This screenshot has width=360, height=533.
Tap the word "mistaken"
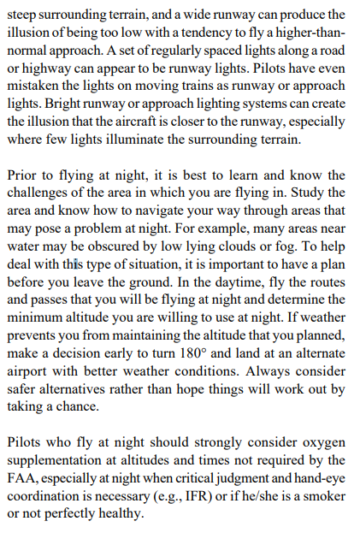pos(35,87)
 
